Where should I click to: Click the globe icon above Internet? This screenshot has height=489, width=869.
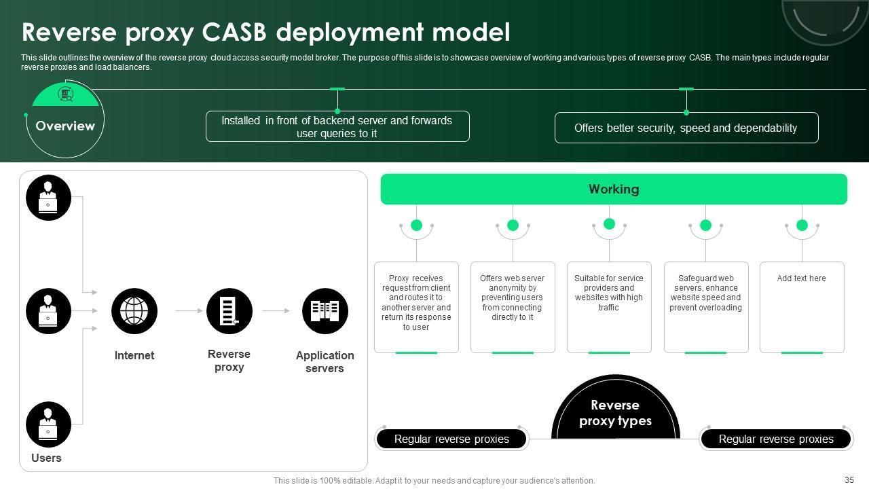[134, 311]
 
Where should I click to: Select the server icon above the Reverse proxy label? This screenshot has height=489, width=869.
[229, 311]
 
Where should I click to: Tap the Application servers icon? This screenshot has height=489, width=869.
[325, 311]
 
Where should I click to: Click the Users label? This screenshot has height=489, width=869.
[46, 458]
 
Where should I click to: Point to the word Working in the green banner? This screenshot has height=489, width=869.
[614, 189]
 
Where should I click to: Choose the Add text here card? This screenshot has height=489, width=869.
[802, 308]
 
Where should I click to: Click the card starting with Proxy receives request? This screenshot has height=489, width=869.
[416, 308]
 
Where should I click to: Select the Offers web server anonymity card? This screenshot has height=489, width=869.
[513, 308]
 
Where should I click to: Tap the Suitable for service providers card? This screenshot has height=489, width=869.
[609, 308]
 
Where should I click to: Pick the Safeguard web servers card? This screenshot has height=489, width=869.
[706, 308]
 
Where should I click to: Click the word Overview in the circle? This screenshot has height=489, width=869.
[65, 126]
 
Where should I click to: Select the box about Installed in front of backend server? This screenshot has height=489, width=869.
[337, 126]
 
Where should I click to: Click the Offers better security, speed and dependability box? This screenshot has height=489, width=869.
[686, 128]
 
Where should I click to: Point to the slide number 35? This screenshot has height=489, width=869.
[849, 479]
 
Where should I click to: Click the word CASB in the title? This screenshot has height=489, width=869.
[234, 32]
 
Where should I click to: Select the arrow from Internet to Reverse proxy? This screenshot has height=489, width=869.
[189, 311]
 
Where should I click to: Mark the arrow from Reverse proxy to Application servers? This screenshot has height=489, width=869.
[276, 311]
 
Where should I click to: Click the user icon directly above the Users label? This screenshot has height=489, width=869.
[48, 424]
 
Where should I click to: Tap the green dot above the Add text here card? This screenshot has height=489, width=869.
[802, 225]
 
